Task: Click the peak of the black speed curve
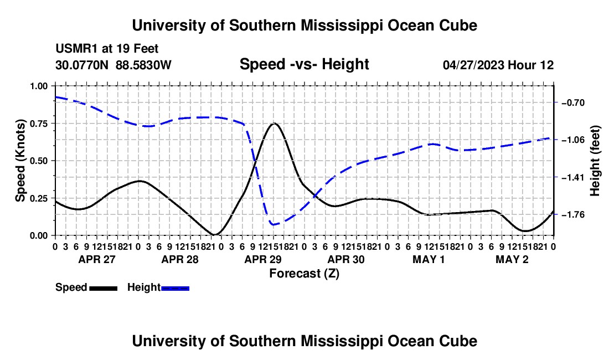[274, 124]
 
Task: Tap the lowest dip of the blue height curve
[273, 224]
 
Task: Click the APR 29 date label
[263, 259]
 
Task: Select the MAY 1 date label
[429, 259]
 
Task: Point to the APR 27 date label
[97, 259]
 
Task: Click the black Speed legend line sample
[104, 289]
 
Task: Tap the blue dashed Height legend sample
[175, 289]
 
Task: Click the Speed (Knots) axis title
[20, 161]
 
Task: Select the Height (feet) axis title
[595, 161]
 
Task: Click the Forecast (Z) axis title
[304, 274]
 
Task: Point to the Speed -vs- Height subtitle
[304, 64]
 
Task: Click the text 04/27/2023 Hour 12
[498, 65]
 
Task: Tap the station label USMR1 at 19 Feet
[107, 49]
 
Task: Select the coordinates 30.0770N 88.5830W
[113, 65]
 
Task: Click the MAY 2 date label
[512, 259]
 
